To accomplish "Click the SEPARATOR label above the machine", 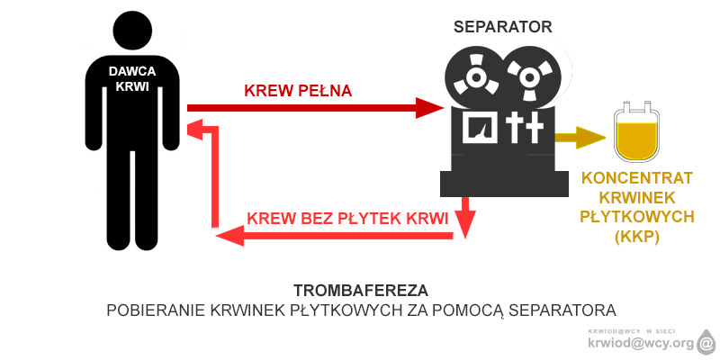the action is [503, 27].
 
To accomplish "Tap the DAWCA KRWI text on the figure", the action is [132, 78].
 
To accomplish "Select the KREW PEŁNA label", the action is [298, 91].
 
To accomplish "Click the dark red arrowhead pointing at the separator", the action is [430, 108].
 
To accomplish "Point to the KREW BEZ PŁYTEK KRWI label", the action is [347, 218].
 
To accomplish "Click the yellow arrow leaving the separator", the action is [580, 138].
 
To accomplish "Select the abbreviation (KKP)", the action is [637, 237].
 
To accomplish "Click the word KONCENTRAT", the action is [637, 178].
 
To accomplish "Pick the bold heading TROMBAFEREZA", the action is [361, 291].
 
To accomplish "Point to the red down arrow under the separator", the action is [465, 217].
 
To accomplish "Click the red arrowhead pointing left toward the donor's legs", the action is [230, 236].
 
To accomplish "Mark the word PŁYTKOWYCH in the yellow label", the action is [637, 217].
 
